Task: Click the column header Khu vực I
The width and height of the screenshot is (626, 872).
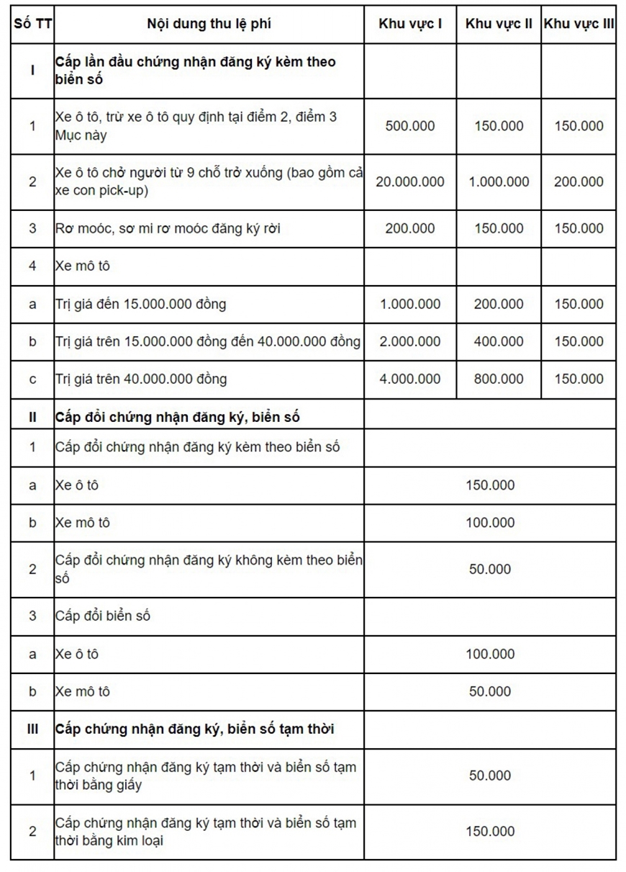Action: pos(410,24)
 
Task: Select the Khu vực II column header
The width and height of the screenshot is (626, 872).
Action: pos(499,24)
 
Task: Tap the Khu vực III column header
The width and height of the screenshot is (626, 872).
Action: pos(579,24)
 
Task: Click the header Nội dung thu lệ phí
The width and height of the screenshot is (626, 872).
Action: pos(209,24)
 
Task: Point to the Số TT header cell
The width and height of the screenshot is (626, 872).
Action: pos(32,24)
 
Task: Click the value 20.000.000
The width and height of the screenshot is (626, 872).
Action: pos(410,181)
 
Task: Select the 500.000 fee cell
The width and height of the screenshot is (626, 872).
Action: pos(410,126)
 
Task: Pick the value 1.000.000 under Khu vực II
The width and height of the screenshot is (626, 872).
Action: pos(499,181)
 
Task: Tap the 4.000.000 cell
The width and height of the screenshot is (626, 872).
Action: pos(410,379)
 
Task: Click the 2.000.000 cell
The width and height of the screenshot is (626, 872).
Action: pos(410,341)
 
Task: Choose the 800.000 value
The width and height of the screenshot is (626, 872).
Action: pos(499,379)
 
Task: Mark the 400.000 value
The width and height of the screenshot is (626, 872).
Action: pos(499,341)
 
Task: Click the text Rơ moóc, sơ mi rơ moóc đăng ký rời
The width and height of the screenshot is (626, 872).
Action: pos(168,229)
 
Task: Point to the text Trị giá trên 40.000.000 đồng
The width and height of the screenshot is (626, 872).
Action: pos(141,379)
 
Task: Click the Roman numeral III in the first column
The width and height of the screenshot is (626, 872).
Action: pos(32,729)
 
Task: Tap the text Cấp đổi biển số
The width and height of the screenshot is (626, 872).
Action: pos(103,616)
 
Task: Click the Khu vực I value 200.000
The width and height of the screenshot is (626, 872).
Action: pos(410,229)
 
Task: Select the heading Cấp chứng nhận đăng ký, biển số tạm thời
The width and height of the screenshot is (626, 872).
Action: pos(195,729)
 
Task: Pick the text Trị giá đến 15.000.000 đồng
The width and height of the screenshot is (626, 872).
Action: pos(140,304)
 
